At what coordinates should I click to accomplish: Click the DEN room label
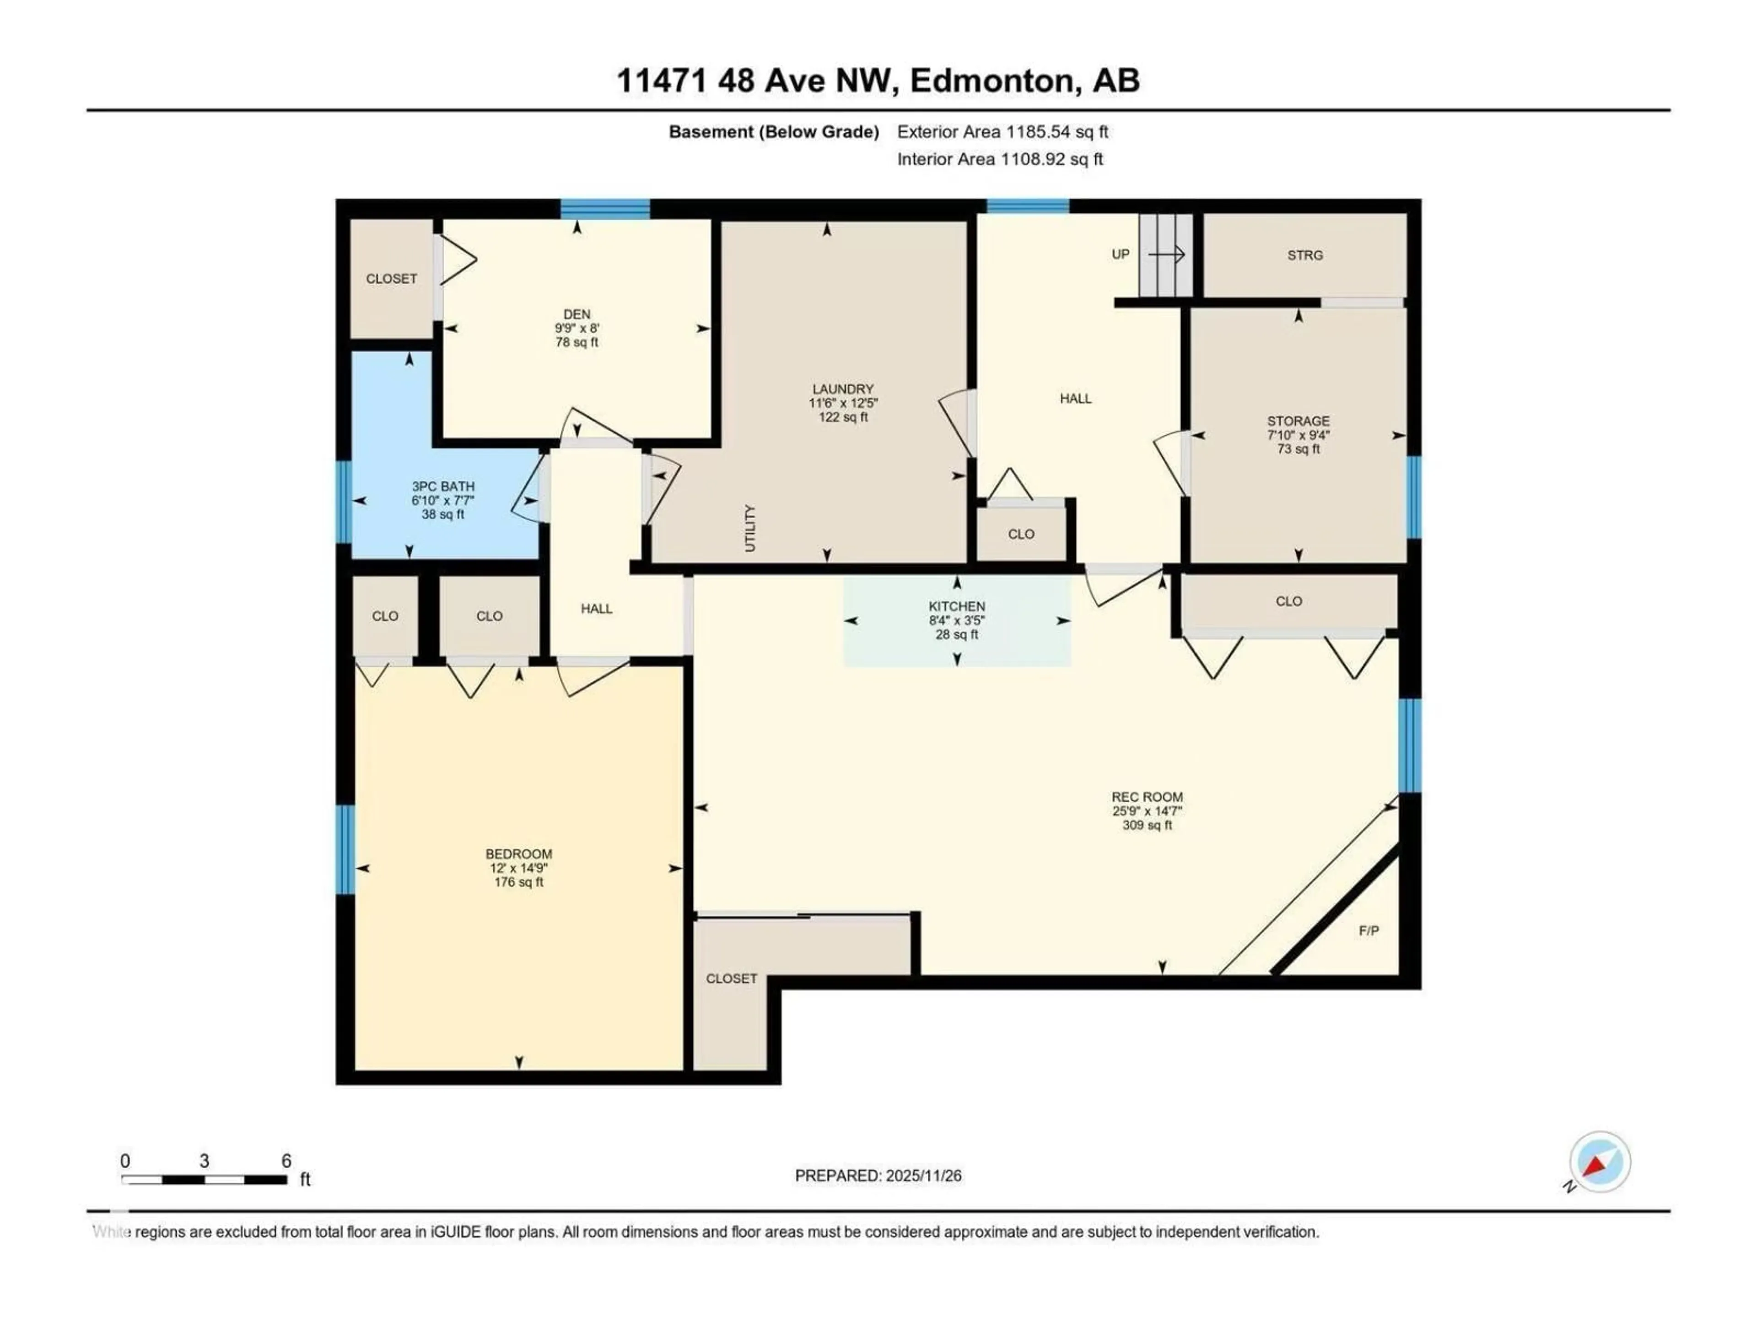(x=577, y=314)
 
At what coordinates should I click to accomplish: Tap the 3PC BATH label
(x=442, y=486)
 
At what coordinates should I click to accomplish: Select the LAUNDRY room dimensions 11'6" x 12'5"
(x=843, y=403)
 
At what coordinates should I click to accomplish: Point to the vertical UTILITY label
(x=750, y=528)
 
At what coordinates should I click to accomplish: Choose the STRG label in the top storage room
(x=1305, y=255)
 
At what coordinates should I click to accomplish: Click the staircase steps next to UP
(x=1165, y=255)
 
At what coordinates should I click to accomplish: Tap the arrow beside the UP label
(x=1166, y=254)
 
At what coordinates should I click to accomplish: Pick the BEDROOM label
(x=519, y=854)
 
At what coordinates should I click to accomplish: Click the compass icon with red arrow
(x=1600, y=1162)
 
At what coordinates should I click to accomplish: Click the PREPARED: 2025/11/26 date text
(x=878, y=1176)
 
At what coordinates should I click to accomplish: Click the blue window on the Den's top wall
(x=605, y=209)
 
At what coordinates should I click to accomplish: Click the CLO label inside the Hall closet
(x=1021, y=534)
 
